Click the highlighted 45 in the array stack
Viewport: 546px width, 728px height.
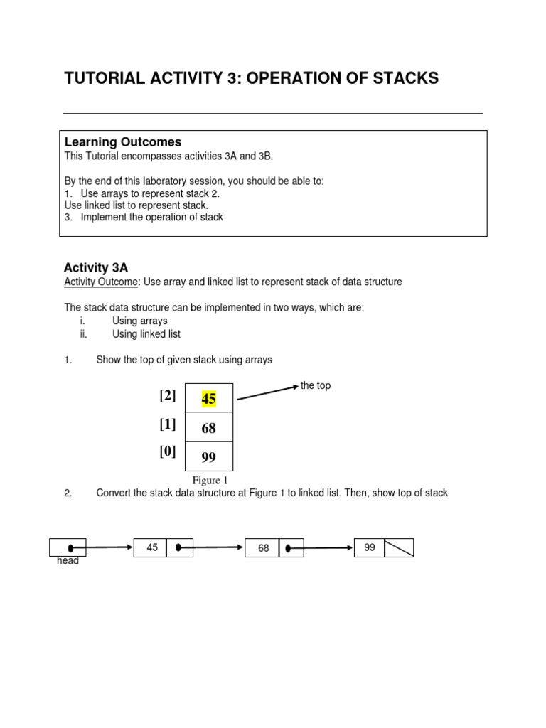208,399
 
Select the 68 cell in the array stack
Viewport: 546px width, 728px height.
208,428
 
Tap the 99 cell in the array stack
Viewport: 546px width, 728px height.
208,457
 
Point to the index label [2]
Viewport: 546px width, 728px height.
168,396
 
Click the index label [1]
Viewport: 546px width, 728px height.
168,424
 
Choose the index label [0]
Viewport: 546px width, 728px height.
168,451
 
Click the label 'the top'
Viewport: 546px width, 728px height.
315,385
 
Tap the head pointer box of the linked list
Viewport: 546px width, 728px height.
68,547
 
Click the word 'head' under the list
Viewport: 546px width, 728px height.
68,561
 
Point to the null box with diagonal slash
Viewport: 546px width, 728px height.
399,547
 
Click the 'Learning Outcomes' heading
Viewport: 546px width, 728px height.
123,142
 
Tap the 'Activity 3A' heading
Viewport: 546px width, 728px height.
96,267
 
